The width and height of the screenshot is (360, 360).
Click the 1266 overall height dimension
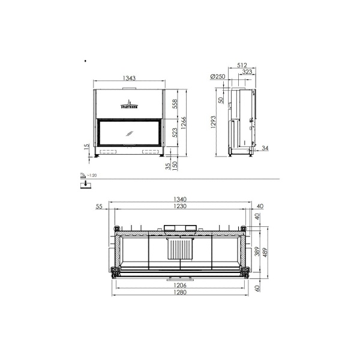point(187,122)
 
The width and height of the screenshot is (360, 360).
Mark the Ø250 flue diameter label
point(217,77)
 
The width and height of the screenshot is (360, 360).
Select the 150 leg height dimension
point(175,165)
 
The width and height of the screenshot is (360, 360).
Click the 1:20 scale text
point(91,175)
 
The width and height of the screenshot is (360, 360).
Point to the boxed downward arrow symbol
point(86,185)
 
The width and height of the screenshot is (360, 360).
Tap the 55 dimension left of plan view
point(99,207)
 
